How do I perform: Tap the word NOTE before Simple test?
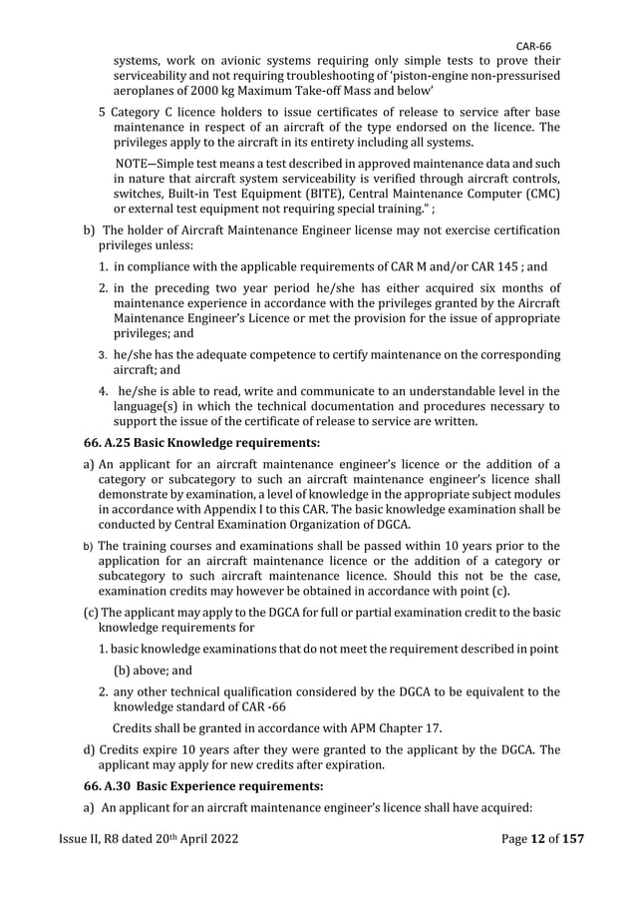[137, 163]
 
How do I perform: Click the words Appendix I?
[251, 510]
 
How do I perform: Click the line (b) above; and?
[160, 672]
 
